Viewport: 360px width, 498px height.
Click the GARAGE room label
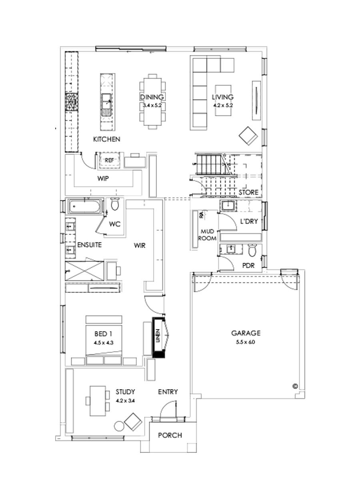pyautogui.click(x=246, y=333)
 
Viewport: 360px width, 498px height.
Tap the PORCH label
pyautogui.click(x=170, y=435)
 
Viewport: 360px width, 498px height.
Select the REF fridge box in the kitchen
pyautogui.click(x=109, y=160)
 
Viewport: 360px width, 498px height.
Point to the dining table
pyautogui.click(x=152, y=102)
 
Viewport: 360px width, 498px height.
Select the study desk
pyautogui.click(x=97, y=401)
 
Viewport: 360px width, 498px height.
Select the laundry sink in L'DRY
pyautogui.click(x=228, y=206)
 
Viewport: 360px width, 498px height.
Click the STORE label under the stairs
pyautogui.click(x=248, y=192)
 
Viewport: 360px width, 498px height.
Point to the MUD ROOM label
pyautogui.click(x=208, y=235)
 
